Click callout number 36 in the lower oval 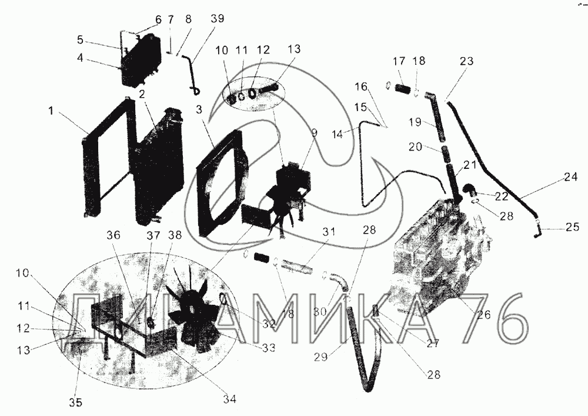coord(113,235)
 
